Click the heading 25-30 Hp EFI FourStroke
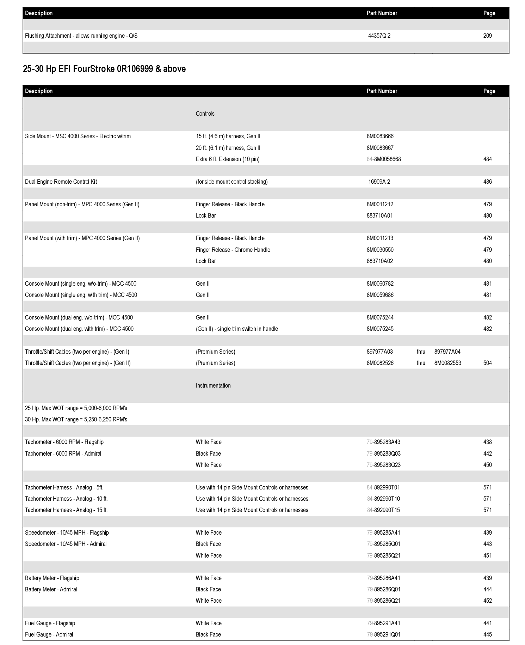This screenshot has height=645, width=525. pos(104,69)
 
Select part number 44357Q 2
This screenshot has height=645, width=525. pos(379,36)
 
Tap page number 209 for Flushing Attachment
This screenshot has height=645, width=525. pos(487,36)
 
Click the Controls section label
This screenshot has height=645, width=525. pos(205,114)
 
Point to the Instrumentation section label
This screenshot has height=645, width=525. pos(213,385)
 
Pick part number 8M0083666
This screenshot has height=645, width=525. pos(380,136)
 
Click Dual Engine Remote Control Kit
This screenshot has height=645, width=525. pos(61,182)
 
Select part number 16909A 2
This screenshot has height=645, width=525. pos(379,182)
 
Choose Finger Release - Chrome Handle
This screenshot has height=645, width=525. pos(233,250)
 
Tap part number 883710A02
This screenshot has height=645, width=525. pos(379,261)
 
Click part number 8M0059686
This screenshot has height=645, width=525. pos(380,295)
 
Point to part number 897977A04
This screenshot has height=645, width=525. pos(447,352)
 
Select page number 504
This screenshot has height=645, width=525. pos(487,363)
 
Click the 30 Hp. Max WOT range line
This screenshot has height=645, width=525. pos(76,419)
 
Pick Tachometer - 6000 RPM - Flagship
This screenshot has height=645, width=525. pos(64,442)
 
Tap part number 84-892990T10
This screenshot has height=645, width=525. pos(383,499)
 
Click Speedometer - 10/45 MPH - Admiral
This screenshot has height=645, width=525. pos(66,544)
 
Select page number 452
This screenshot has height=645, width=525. pos(487,601)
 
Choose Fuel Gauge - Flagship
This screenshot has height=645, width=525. pos(50,623)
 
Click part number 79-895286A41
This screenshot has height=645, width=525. pos(383,578)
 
